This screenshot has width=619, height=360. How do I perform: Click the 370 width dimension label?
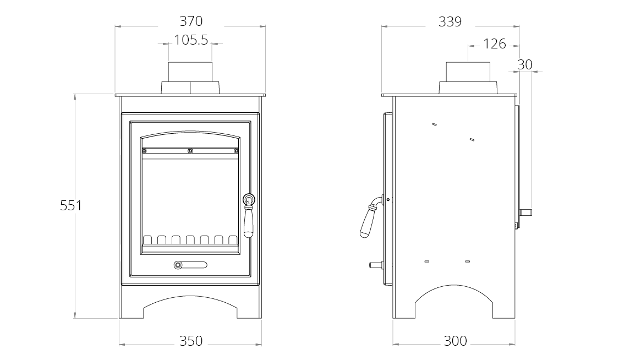(x=191, y=21)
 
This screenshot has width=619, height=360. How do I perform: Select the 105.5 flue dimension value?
(x=191, y=40)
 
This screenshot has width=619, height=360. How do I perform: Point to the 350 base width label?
(x=191, y=341)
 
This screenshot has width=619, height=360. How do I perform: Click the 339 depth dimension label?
(x=450, y=22)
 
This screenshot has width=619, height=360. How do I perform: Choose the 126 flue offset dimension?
(x=494, y=44)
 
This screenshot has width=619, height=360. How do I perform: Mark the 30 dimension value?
(x=525, y=64)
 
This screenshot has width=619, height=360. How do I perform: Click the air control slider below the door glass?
(x=190, y=265)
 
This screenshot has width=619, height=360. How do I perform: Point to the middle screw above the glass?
(x=190, y=150)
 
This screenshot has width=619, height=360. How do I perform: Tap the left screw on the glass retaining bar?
(x=144, y=150)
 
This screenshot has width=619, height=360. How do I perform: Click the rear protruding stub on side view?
(x=527, y=211)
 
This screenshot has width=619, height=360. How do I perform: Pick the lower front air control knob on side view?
(x=375, y=265)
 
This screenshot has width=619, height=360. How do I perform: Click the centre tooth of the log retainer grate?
(x=190, y=239)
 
